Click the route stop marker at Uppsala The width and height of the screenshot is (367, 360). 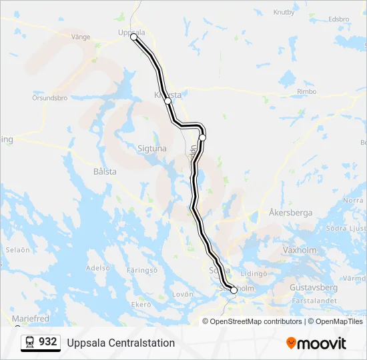[x=133, y=37]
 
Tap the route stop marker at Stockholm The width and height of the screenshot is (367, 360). [x=234, y=290]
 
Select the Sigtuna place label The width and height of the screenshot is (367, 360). [x=151, y=149]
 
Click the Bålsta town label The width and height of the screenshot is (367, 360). [x=105, y=171]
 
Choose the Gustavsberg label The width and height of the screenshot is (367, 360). [x=314, y=287]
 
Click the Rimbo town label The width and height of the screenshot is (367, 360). [x=307, y=92]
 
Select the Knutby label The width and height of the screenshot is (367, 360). [x=284, y=12]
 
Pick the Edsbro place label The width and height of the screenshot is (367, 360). [x=339, y=19]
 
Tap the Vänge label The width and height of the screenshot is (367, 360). [x=80, y=37]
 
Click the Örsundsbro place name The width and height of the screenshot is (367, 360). [x=50, y=98]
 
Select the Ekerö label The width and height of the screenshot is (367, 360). [x=141, y=305]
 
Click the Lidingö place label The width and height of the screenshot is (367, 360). [x=254, y=273]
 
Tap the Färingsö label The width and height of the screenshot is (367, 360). [x=141, y=271]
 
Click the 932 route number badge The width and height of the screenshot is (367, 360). [x=41, y=342]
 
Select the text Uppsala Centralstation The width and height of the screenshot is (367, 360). [x=121, y=343]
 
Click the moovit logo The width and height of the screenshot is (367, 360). [x=316, y=343]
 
